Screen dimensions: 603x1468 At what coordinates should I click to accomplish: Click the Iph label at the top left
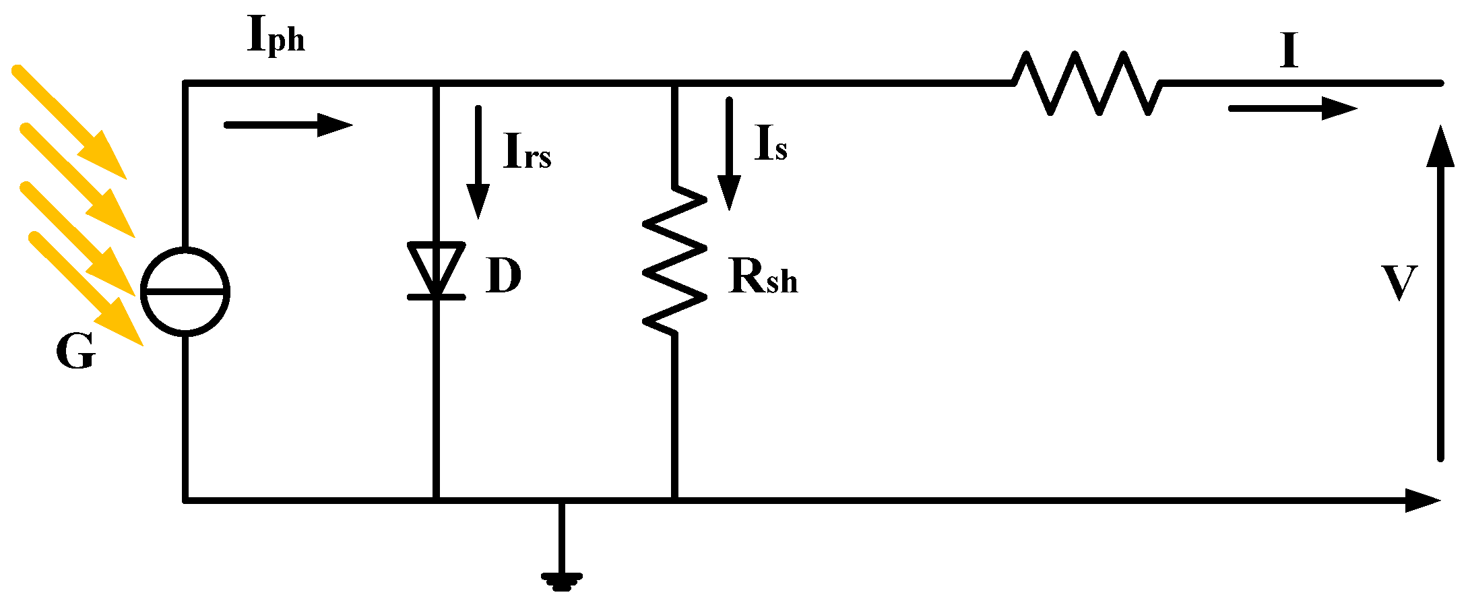tap(276, 35)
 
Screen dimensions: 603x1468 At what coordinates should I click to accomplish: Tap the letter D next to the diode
tap(503, 276)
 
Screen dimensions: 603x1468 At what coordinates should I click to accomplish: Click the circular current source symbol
tap(185, 291)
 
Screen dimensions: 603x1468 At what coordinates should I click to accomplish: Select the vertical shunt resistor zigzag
tap(674, 260)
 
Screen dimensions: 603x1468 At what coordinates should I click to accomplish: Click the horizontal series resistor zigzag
tap(1086, 84)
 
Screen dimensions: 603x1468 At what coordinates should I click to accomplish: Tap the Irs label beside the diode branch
tap(527, 152)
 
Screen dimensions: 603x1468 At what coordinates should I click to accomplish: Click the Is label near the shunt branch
tap(771, 144)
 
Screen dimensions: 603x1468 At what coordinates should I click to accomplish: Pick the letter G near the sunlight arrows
tap(75, 352)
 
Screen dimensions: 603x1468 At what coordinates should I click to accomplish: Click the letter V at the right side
tap(1400, 283)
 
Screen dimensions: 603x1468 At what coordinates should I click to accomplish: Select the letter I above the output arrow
tap(1289, 51)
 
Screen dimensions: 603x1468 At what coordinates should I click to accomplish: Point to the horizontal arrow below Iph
tap(288, 125)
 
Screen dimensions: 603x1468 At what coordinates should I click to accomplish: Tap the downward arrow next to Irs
tap(478, 162)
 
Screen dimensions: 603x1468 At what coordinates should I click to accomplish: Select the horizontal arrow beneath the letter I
tap(1292, 108)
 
